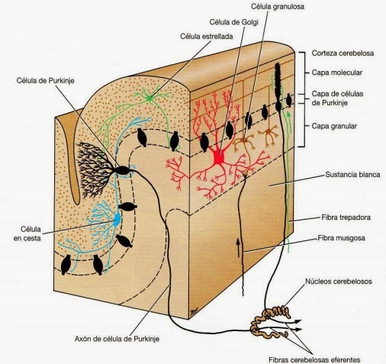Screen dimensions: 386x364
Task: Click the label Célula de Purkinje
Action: point(45,81)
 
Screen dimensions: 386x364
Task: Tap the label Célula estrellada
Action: point(207,37)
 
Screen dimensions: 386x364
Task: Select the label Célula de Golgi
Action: point(233,22)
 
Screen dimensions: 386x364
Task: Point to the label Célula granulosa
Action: point(278,7)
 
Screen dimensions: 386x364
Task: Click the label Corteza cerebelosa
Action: point(343,53)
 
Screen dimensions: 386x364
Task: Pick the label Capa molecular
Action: point(337,72)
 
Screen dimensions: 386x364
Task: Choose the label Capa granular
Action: point(334,126)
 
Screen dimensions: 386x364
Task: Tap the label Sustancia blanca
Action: point(352,175)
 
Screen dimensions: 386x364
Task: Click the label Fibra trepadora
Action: point(346,217)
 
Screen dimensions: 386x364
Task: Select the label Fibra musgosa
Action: point(341,238)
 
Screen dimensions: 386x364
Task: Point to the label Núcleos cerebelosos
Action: point(339,282)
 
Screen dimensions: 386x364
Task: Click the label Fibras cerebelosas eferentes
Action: point(314,360)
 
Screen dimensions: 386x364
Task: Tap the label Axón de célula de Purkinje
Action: point(117,339)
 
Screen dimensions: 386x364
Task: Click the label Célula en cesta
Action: point(27,234)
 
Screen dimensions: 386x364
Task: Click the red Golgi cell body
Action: point(218,158)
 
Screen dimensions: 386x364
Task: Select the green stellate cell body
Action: point(150,98)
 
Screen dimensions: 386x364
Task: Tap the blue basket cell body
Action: point(117,219)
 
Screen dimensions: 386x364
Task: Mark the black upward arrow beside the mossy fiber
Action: point(238,247)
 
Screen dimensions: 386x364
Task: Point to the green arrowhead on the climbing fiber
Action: point(288,114)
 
